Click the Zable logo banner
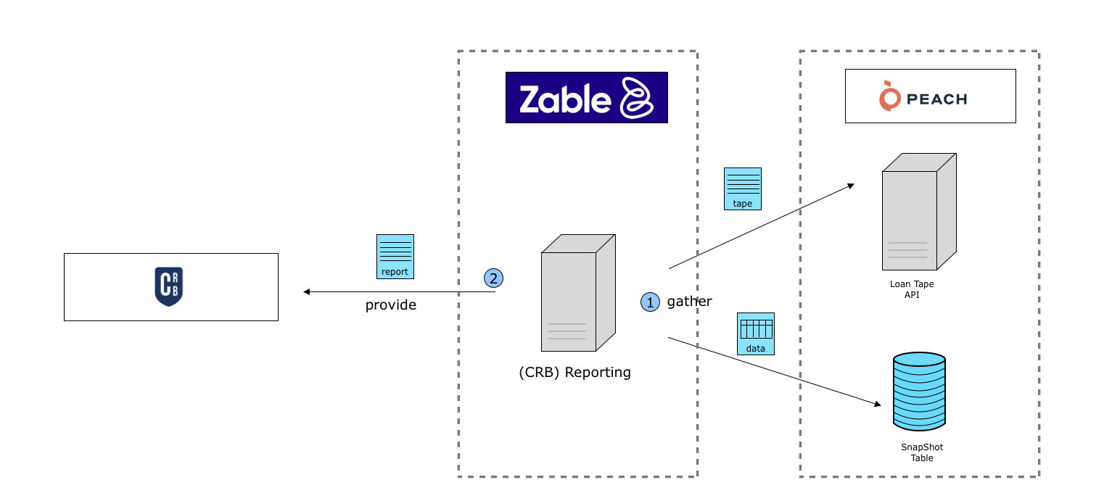coord(586,97)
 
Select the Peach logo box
coord(930,96)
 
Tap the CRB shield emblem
coord(169,286)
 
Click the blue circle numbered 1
coord(650,302)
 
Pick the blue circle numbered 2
coord(493,278)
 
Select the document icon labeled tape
coord(743,189)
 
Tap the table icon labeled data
coord(756,334)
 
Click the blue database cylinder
coord(919,392)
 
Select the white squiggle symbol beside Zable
coord(637,97)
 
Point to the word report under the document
coord(395,272)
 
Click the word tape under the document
coord(743,204)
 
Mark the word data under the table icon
coord(756,349)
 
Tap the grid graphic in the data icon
coord(756,328)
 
